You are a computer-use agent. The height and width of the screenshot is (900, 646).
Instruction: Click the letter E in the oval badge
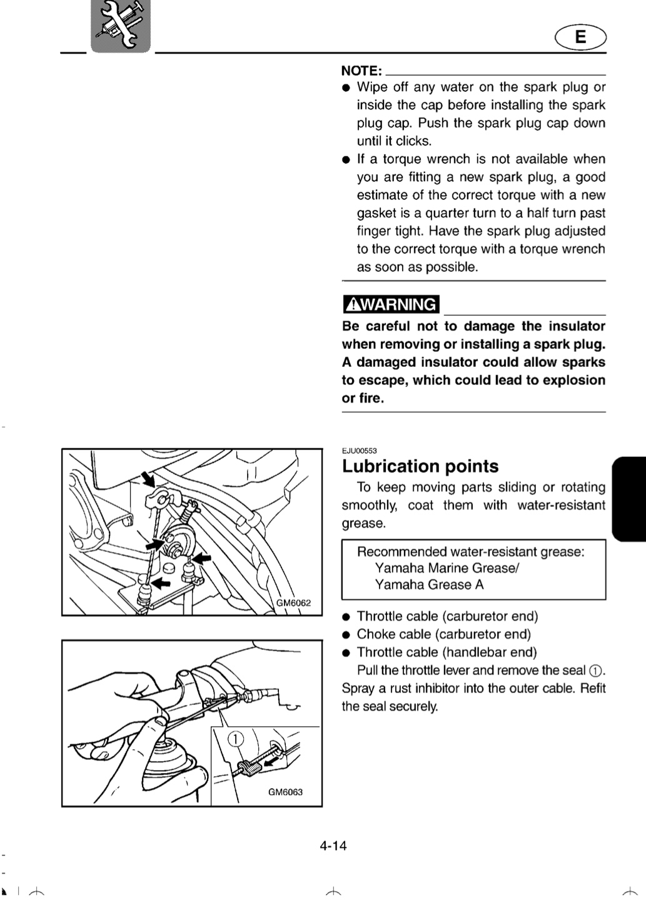(580, 36)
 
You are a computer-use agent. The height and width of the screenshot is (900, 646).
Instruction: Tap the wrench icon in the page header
(121, 26)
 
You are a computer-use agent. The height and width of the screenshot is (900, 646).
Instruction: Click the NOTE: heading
(361, 71)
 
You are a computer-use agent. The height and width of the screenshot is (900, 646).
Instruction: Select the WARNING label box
(391, 304)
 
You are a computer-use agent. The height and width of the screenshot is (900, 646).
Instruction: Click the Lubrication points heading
(420, 466)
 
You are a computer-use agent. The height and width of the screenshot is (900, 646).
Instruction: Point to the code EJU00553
(359, 451)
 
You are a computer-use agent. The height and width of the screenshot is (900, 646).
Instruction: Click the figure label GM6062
(293, 602)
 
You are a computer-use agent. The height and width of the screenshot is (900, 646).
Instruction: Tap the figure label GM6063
(285, 792)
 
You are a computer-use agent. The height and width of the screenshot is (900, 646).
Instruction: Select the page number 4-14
(333, 846)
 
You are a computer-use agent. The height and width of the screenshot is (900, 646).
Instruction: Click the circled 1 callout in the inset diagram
(236, 739)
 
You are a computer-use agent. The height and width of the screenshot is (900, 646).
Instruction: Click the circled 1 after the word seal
(595, 671)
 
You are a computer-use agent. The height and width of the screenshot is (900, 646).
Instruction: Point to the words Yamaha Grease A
(429, 584)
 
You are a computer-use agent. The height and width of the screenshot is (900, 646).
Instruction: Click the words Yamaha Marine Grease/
(447, 567)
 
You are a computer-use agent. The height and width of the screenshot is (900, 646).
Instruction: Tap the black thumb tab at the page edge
(629, 499)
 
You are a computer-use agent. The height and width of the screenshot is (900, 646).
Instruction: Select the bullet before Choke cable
(346, 635)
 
